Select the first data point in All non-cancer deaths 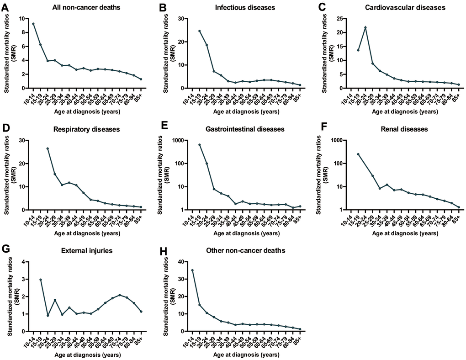click(33, 23)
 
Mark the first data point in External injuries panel click(41, 280)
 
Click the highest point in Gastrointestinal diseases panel click(199, 145)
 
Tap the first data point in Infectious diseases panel click(199, 31)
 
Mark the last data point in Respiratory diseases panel click(141, 207)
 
